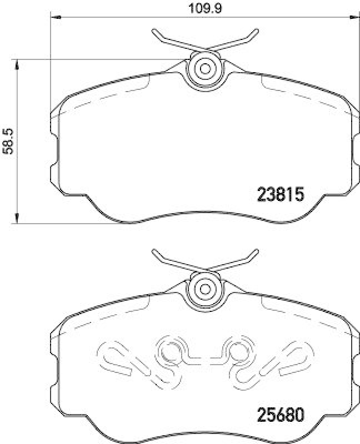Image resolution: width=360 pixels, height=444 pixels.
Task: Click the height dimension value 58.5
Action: [x=8, y=139]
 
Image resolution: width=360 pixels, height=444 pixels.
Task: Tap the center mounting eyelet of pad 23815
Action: [x=204, y=69]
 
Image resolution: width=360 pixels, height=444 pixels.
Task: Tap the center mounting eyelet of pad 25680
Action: [x=204, y=289]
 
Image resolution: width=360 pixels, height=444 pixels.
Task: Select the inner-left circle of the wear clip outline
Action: [x=168, y=351]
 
